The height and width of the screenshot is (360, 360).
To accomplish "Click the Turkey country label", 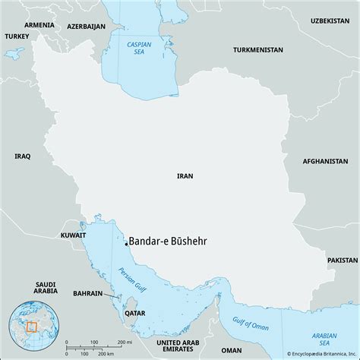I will click(x=16, y=36).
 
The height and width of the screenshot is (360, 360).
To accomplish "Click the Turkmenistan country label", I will click(x=258, y=50).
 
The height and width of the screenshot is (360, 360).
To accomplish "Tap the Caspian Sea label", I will click(x=135, y=49).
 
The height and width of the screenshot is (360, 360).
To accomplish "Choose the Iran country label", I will click(x=185, y=175).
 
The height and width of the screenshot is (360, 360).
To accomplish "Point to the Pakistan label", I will click(x=342, y=260).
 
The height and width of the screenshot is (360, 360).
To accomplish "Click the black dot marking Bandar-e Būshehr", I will click(x=126, y=244).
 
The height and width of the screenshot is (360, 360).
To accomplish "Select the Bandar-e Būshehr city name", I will click(x=168, y=241).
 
